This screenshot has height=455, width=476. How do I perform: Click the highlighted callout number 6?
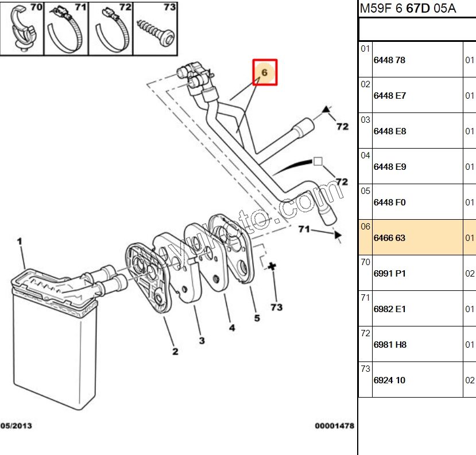(x=265, y=72)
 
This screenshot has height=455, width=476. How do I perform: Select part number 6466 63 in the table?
(x=389, y=238)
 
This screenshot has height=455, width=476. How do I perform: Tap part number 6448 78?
(x=389, y=60)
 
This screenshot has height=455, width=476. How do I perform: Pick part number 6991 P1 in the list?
(x=389, y=273)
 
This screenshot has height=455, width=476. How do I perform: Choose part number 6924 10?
(x=389, y=380)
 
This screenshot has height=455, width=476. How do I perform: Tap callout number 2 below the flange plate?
(x=175, y=351)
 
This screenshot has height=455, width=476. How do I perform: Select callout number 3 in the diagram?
(x=202, y=341)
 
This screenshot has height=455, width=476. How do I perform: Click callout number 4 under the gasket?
(x=232, y=328)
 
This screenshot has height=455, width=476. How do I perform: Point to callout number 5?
(x=257, y=318)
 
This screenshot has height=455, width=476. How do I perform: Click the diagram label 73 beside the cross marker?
(x=276, y=308)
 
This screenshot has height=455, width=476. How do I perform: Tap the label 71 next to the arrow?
(x=304, y=230)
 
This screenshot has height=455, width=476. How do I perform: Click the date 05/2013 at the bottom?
(x=16, y=426)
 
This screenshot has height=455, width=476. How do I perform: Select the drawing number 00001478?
(x=334, y=426)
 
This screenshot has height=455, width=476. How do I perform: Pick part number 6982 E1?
(x=389, y=309)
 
